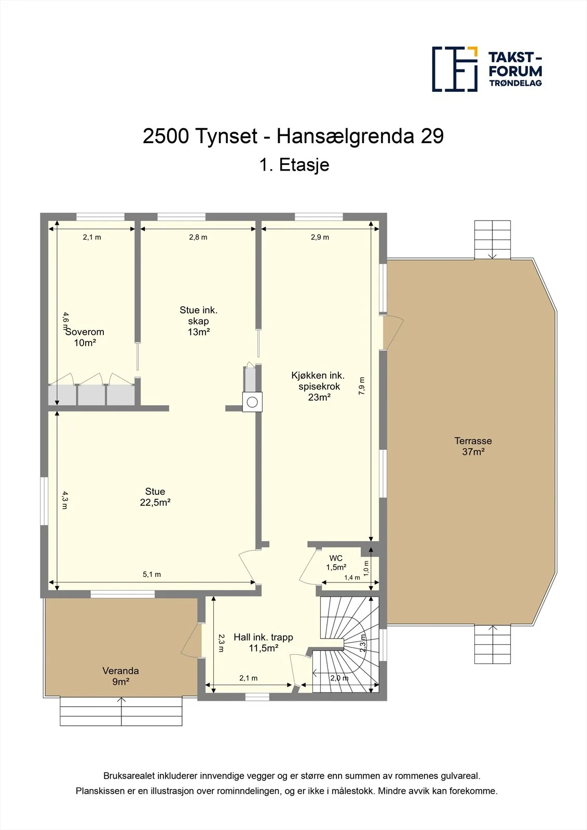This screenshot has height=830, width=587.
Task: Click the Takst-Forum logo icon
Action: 455,70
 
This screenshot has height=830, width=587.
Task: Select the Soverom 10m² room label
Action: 85,337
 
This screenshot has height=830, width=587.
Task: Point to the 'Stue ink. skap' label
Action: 198,321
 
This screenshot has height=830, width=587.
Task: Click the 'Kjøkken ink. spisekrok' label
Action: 318,386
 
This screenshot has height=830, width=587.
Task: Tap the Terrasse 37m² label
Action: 473,446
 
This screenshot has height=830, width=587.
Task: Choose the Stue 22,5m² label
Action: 155,497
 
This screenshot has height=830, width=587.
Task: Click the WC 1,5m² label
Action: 336,562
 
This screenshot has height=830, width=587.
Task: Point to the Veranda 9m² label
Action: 121,676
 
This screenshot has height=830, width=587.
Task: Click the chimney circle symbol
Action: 252,402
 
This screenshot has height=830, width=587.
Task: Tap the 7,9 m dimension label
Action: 362,385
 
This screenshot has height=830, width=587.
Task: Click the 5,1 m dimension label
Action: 152,574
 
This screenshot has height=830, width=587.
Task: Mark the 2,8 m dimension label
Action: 198,237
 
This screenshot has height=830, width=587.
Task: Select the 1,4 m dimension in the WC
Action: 352,577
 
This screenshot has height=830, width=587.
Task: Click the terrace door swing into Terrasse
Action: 393,333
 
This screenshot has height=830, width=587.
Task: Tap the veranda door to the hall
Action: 191,641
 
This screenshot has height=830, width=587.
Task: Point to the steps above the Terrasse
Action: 493,240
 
